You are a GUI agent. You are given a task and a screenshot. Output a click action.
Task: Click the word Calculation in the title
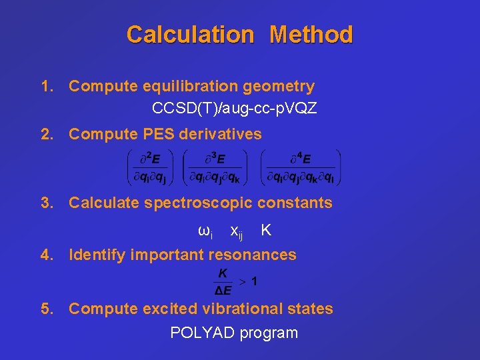(190, 35)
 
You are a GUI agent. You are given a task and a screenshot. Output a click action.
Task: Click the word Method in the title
(311, 35)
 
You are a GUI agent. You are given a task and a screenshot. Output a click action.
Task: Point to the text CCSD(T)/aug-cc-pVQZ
(234, 108)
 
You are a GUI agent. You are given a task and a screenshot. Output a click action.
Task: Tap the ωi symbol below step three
(205, 231)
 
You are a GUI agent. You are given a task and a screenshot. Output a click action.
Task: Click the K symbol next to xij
(266, 230)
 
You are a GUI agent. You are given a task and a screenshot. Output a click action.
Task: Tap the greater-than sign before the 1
(243, 282)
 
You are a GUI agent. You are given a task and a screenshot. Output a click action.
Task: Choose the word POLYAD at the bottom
(199, 333)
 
